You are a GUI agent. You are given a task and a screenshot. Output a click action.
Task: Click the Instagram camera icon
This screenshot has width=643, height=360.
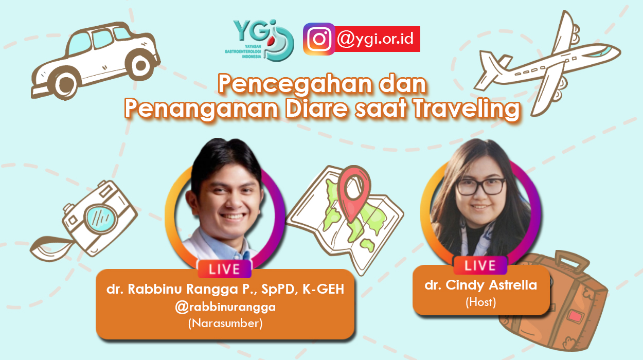click(319, 39)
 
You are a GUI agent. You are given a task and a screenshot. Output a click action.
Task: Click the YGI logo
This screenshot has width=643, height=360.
click(263, 41)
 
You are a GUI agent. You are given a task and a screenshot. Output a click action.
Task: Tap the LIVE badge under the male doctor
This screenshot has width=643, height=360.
click(224, 269)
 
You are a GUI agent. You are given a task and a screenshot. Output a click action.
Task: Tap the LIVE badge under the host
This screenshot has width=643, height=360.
click(480, 265)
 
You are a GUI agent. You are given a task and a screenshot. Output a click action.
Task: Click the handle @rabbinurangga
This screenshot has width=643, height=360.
click(225, 307)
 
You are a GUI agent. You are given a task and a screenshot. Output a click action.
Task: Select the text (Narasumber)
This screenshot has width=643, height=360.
click(225, 323)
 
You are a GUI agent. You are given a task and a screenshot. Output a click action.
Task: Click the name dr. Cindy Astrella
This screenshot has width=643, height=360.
click(480, 285)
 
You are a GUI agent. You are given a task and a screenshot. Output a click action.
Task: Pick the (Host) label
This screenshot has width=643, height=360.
click(480, 302)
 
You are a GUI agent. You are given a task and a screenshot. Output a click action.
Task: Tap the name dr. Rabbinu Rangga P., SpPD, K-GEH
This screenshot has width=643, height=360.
click(225, 290)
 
